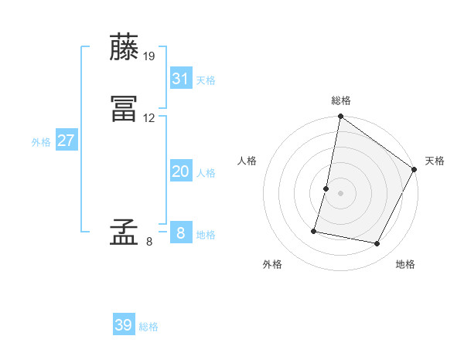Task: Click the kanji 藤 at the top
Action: [x=125, y=48]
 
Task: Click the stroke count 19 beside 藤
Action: [x=150, y=56]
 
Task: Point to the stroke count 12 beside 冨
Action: [x=149, y=118]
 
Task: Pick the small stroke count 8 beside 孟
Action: [x=149, y=242]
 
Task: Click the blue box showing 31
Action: [x=181, y=78]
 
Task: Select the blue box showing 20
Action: [x=181, y=171]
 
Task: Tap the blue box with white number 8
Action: [x=181, y=232]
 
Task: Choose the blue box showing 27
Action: [x=67, y=141]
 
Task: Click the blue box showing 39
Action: [x=124, y=325]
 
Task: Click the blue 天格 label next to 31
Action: [x=206, y=80]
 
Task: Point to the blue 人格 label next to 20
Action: [x=206, y=173]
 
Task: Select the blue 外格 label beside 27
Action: [x=41, y=142]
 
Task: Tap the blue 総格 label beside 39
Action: [x=148, y=327]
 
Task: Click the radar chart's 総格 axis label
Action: [x=340, y=100]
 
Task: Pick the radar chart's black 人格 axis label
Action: [x=247, y=161]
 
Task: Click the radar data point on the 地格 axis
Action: [x=377, y=244]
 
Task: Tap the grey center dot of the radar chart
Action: [x=340, y=194]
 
